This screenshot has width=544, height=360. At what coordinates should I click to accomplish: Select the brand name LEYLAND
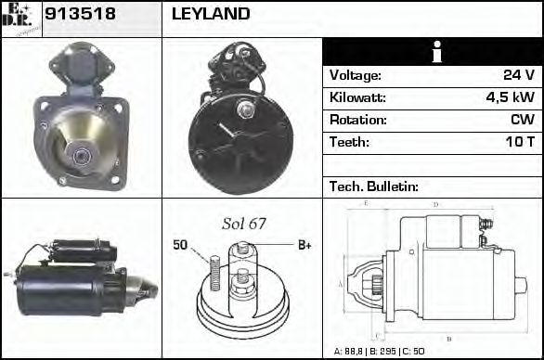coord(211,14)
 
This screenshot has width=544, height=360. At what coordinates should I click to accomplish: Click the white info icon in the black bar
coord(434,53)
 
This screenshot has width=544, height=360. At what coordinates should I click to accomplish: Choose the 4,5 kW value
coord(510,97)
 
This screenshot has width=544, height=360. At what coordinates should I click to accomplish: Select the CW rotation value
coord(522,120)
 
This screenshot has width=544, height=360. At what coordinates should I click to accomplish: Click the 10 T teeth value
coord(517,142)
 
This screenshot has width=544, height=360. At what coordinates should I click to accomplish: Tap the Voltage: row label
coord(355,75)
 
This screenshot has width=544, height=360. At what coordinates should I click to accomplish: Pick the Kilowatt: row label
coord(358,97)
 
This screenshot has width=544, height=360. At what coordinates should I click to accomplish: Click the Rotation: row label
coord(357,120)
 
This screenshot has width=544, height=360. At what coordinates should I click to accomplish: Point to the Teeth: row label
coord(349,142)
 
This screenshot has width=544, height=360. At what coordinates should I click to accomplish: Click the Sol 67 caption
coord(244,224)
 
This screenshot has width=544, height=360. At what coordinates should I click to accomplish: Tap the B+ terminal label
coord(304,245)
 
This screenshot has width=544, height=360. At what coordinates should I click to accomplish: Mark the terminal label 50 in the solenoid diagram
coord(180,245)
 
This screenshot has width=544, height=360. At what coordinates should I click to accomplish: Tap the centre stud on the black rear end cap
coord(248,112)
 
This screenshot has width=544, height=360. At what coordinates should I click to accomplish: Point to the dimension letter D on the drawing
coord(435,204)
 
